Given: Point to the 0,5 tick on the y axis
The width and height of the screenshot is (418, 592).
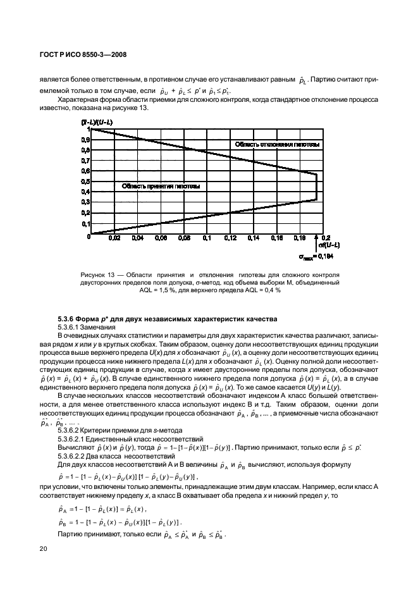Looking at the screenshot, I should pyautogui.click(x=83, y=181).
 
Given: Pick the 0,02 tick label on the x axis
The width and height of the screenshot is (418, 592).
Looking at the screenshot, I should pyautogui.click(x=114, y=239).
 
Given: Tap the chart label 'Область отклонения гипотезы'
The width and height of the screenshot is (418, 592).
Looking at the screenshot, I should pyautogui.click(x=277, y=145).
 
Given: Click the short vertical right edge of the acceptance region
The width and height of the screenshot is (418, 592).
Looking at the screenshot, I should pyautogui.click(x=316, y=187).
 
